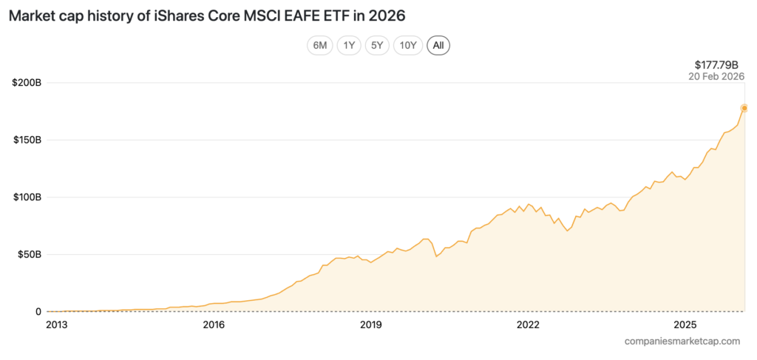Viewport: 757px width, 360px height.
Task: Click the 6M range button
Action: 320,45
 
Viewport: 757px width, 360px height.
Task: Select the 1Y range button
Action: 348,45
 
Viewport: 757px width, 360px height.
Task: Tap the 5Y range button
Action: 377,45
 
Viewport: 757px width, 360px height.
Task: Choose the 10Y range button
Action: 408,45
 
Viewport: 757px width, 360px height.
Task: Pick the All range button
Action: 438,45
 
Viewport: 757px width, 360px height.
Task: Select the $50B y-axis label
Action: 29,254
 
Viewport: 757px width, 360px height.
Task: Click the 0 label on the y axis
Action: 38,312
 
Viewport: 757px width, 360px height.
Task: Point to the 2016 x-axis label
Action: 214,325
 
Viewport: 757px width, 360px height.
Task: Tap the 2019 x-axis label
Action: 371,325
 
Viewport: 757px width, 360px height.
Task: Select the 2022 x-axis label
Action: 529,325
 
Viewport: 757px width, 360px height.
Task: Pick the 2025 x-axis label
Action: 685,325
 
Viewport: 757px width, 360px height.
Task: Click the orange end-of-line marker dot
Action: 744,108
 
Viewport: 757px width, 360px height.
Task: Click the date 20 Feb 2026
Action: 716,76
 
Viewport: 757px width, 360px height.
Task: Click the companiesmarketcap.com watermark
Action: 682,341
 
